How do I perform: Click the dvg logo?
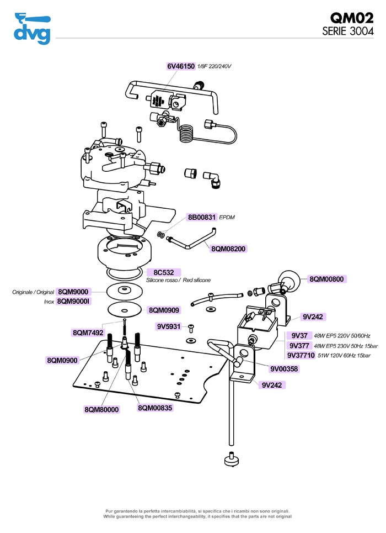coord(32,28)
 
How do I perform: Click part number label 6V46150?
coord(181,66)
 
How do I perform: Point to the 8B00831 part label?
coord(202,217)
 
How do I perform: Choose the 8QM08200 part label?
coord(228,249)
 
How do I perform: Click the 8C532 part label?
coord(163,272)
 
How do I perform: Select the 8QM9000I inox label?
coord(74,302)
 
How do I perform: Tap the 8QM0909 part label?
coord(163,310)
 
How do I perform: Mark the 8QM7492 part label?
coord(88,333)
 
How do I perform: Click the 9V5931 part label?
coord(169,326)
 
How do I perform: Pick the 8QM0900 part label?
coord(62,360)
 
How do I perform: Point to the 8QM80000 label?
coord(101,409)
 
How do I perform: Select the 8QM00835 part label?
coord(155,408)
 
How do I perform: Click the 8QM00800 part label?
coord(326,279)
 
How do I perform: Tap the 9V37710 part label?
coord(301,355)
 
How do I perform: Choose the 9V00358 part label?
coord(284,368)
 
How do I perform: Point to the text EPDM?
coord(227,218)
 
